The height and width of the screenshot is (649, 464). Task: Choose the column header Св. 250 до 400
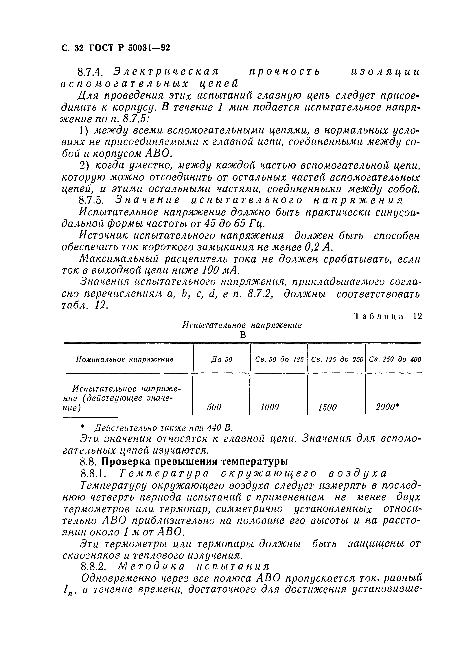395,360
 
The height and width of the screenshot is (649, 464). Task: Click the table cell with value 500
214,407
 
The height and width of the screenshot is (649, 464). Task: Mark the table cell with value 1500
327,407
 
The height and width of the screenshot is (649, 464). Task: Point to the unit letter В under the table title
243,335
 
